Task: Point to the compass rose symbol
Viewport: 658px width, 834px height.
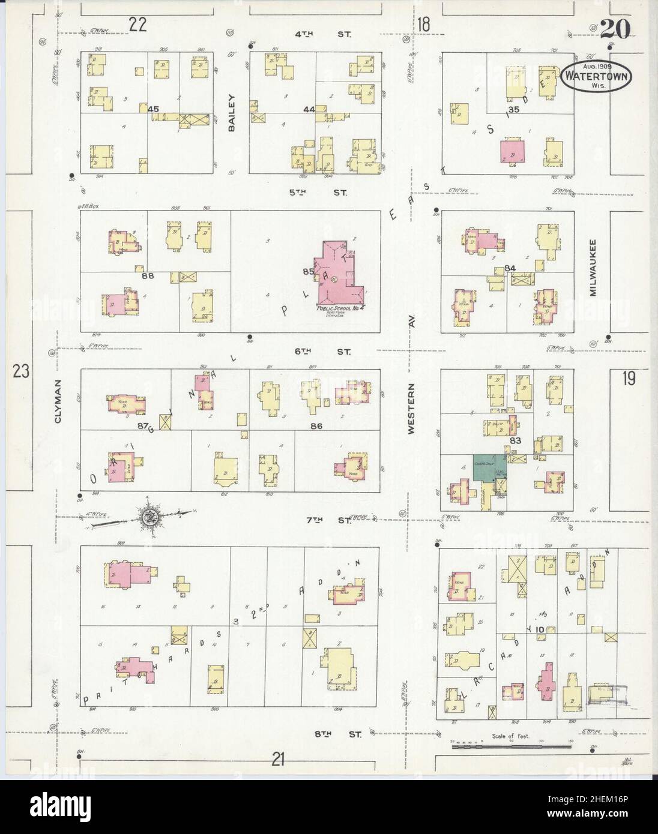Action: tap(148, 515)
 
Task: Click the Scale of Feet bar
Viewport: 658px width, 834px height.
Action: tap(511, 746)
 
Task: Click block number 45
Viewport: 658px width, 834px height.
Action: tap(153, 109)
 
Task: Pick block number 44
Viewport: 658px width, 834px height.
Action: tap(310, 109)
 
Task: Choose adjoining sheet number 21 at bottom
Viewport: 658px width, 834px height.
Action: tap(277, 760)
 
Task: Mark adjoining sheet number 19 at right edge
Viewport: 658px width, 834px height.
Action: tap(629, 379)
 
